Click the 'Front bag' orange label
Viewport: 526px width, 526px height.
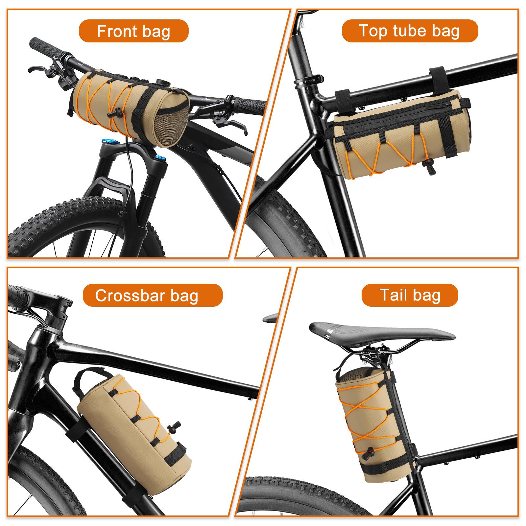point(133,31)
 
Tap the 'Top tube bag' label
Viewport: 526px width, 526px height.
point(410,31)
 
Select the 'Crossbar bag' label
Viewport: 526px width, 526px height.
point(147,295)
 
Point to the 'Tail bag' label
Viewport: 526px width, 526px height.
point(410,295)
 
